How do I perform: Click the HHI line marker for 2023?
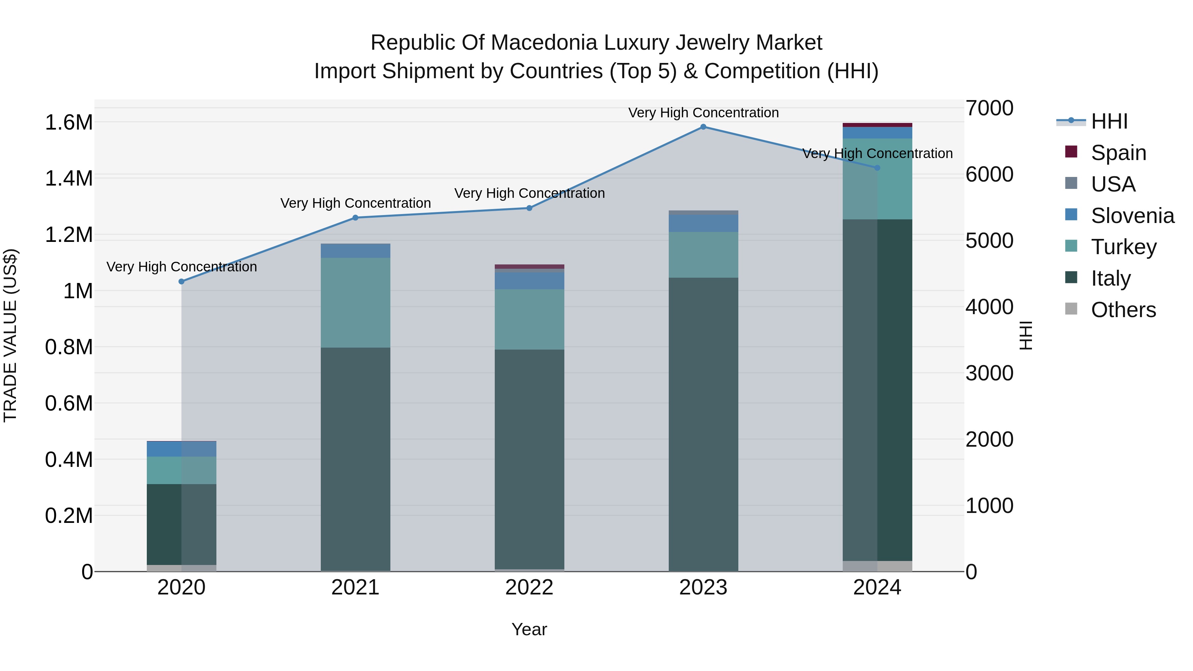[x=703, y=127]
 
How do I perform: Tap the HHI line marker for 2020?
[x=182, y=282]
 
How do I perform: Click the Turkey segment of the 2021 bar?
[x=355, y=303]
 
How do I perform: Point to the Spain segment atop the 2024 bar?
[x=877, y=125]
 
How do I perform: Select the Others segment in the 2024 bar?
[x=877, y=566]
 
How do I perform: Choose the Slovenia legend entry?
[x=1132, y=216]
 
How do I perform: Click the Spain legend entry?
[x=1118, y=153]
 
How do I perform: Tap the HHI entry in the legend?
[x=1109, y=121]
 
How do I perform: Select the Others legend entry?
[x=1123, y=310]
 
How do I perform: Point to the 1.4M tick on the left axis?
[x=69, y=179]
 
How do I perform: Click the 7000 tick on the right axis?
[x=989, y=108]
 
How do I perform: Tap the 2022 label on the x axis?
[x=529, y=587]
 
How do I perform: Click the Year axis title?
[x=529, y=629]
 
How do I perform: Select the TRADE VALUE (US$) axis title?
[x=10, y=335]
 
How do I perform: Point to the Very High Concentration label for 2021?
[x=355, y=203]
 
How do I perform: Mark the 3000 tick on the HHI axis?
[x=989, y=373]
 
